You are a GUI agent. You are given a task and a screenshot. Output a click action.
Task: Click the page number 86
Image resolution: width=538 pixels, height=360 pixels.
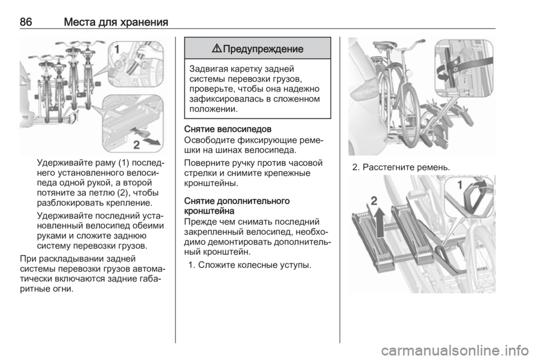point(26,22)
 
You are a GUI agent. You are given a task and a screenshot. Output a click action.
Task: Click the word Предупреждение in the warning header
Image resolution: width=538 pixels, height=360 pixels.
point(263,49)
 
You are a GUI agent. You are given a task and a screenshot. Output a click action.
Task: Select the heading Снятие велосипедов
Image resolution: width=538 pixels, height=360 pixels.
point(228,130)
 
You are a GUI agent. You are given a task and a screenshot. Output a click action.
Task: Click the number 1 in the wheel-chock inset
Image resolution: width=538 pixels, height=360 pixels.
point(460,185)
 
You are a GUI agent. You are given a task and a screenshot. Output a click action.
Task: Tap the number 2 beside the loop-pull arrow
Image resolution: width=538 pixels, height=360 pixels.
point(137,145)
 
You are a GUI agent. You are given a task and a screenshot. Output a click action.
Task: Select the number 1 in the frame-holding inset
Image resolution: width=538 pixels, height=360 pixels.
point(117,49)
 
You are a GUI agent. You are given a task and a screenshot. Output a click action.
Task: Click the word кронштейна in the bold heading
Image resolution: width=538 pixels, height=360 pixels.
point(210,210)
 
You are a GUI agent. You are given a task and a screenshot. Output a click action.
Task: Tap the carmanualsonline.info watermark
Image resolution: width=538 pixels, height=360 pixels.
point(455,350)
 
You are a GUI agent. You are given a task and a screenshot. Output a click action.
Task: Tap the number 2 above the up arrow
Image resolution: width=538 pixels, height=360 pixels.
point(374,200)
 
